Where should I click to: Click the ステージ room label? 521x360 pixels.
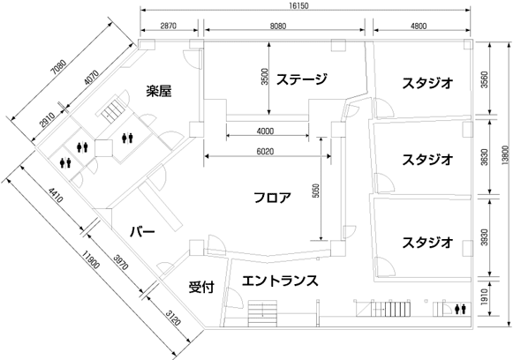(x=302, y=79)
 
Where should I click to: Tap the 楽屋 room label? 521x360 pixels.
(x=159, y=91)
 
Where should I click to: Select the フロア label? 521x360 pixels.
(x=273, y=198)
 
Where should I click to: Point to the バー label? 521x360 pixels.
(x=142, y=232)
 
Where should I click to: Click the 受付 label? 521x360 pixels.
(x=201, y=287)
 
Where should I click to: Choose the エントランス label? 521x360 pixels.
(x=280, y=281)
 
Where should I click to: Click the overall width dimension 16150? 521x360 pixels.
(x=298, y=5)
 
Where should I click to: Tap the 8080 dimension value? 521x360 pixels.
(x=278, y=26)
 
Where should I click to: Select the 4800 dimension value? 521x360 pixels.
(x=419, y=26)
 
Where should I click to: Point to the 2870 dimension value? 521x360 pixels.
(x=169, y=26)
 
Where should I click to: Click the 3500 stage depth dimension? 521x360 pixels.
(x=265, y=77)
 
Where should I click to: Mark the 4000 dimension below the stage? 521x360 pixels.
(x=266, y=131)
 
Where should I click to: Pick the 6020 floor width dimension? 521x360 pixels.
(x=266, y=152)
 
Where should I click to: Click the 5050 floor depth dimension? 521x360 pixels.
(x=316, y=191)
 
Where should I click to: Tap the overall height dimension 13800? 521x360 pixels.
(x=505, y=155)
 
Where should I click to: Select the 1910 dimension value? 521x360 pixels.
(x=485, y=296)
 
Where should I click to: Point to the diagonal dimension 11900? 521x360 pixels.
(x=91, y=260)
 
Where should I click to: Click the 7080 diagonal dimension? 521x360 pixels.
(x=58, y=67)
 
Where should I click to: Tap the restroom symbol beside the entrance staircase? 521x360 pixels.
(x=460, y=309)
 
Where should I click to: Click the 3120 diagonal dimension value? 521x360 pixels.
(x=173, y=318)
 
